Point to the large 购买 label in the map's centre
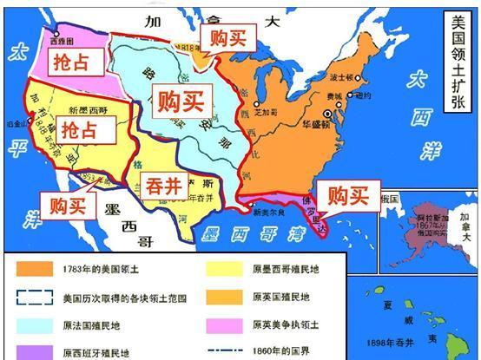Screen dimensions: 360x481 click(x=179, y=102)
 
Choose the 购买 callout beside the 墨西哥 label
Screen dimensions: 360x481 click(x=68, y=205)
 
